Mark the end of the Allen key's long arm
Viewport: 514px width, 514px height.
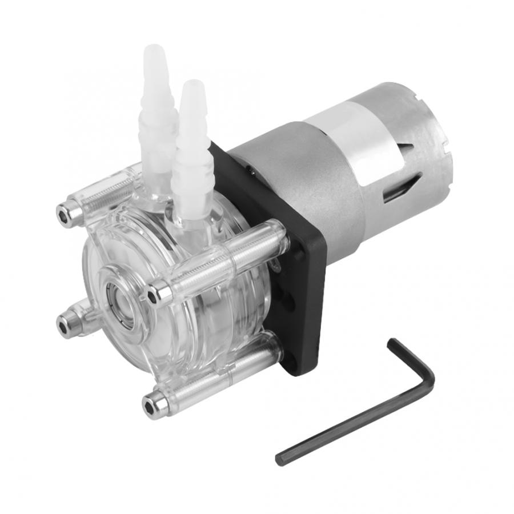(x=281, y=458)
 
